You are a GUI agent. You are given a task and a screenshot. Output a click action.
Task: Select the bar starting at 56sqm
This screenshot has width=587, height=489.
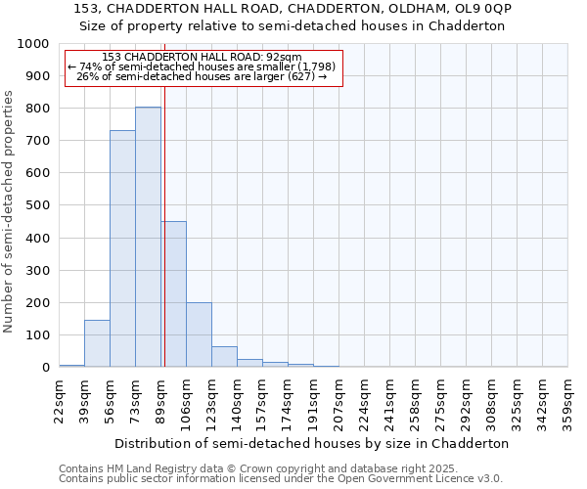(x=122, y=248)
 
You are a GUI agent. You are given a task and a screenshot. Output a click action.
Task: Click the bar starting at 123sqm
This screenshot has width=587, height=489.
(x=224, y=357)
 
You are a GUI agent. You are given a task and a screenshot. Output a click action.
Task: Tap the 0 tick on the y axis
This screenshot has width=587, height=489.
(x=46, y=368)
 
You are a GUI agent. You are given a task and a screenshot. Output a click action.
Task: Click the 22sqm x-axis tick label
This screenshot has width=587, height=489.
(x=59, y=397)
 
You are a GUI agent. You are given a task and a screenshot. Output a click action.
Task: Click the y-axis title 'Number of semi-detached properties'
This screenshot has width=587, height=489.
(x=11, y=211)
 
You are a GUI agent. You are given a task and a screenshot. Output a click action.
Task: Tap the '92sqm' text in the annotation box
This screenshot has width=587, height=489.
(x=284, y=58)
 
